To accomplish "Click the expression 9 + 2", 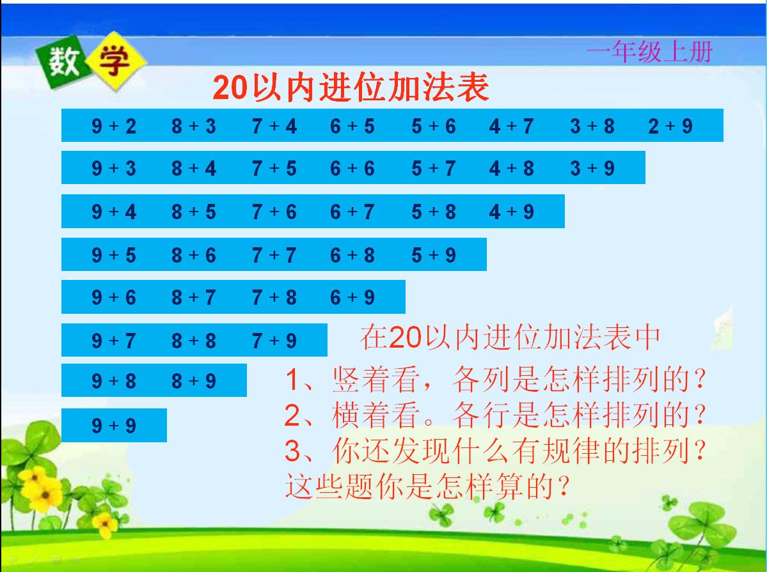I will (114, 127).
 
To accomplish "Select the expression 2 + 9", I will (670, 127).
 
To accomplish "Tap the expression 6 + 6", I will (352, 169).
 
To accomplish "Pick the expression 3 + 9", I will (592, 169).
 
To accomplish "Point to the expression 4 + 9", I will (511, 212).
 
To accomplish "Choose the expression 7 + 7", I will (274, 256).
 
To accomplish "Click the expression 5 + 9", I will (434, 256).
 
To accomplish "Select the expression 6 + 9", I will (352, 297).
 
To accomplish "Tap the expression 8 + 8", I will (194, 341).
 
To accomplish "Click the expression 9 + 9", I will (114, 426).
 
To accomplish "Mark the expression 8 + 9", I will (194, 382).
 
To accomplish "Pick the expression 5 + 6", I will (434, 127).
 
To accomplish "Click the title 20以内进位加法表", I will (351, 88).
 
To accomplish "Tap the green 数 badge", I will (61, 63).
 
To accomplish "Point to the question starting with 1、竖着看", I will (495, 381).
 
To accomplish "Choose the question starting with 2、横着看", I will (495, 416).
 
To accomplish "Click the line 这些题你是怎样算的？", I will (427, 488).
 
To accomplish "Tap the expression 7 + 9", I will (274, 341).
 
